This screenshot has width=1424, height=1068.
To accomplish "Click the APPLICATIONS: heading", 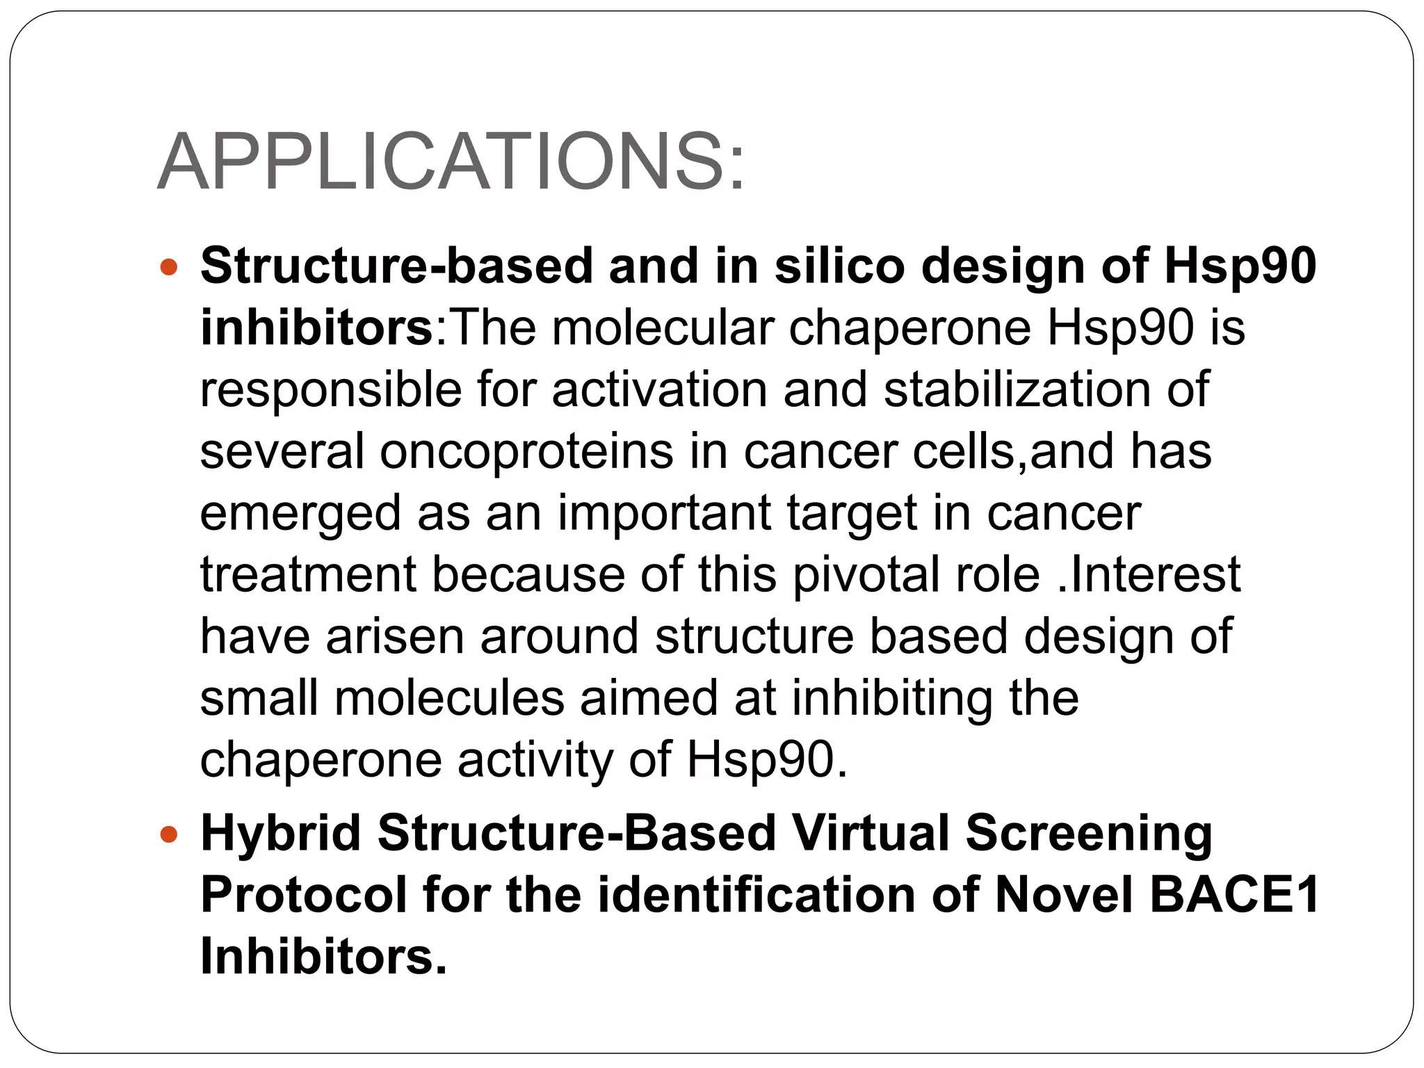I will [x=451, y=162].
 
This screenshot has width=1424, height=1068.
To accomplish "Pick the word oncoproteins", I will [x=526, y=451].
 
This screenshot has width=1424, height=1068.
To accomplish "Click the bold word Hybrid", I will [x=280, y=834].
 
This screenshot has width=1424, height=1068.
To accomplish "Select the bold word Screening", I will [x=1089, y=834].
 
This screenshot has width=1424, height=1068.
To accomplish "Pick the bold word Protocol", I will [x=304, y=896].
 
